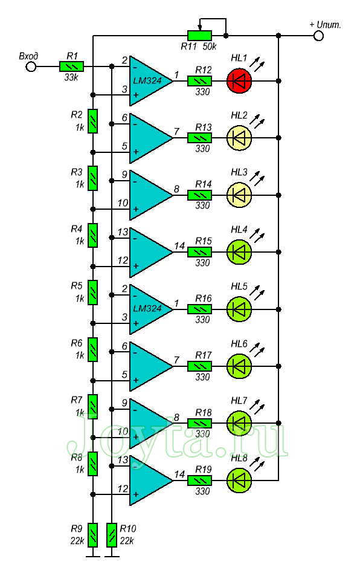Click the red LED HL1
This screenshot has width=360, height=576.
pyautogui.click(x=239, y=80)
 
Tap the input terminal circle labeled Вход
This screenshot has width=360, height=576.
pyautogui.click(x=31, y=67)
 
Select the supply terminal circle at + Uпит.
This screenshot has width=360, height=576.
pyautogui.click(x=318, y=36)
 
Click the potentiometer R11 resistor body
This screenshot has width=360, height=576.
pyautogui.click(x=200, y=36)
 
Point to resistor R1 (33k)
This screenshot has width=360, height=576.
pyautogui.click(x=71, y=66)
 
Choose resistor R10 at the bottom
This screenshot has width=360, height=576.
pyautogui.click(x=112, y=535)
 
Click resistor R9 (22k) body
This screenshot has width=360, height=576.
pyautogui.click(x=93, y=535)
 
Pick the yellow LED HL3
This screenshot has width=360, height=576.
pyautogui.click(x=239, y=195)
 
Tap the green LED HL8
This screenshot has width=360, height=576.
pyautogui.click(x=239, y=480)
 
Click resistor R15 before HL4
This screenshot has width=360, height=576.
pyautogui.click(x=200, y=252)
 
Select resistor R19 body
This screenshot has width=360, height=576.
pyautogui.click(x=200, y=481)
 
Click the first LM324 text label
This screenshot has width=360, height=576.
pyautogui.click(x=147, y=81)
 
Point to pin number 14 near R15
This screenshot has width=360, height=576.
pyautogui.click(x=179, y=246)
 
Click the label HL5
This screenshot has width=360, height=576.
pyautogui.click(x=239, y=286)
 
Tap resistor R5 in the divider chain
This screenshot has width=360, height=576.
pyautogui.click(x=93, y=293)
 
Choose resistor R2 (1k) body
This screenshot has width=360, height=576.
pyautogui.click(x=93, y=121)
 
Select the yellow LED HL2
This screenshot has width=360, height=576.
pyautogui.click(x=239, y=138)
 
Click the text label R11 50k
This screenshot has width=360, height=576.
pyautogui.click(x=199, y=47)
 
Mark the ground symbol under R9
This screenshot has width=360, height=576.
pyautogui.click(x=93, y=556)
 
